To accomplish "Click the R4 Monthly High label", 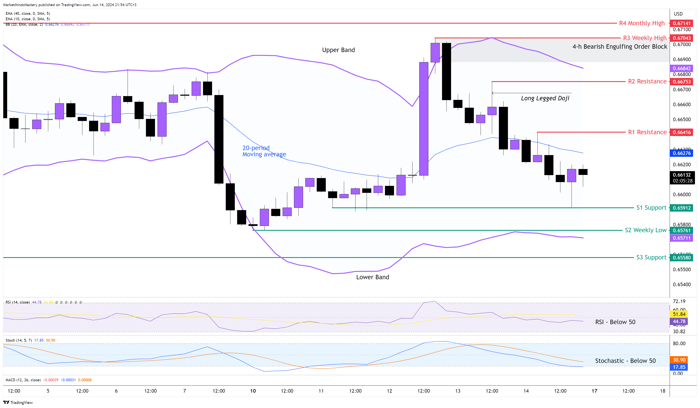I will point(642,23).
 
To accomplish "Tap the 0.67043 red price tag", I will point(681,38).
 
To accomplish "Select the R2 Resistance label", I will point(647,81).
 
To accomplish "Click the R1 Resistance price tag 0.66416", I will point(681,132).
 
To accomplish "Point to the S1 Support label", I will point(651,208).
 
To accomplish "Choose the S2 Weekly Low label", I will point(645,230).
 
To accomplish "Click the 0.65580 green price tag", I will point(681,258).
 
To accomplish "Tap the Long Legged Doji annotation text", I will point(545,98).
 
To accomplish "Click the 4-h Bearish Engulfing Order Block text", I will point(619,47).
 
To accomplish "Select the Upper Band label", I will point(338,50).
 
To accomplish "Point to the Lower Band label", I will point(373,277).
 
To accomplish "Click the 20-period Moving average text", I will point(264,151).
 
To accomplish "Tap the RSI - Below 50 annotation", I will point(615,322).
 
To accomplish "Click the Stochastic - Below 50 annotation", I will point(625,361).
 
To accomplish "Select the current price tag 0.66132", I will point(681,175).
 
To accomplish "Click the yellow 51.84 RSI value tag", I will point(679,314).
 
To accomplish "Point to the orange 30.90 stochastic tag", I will point(679,360).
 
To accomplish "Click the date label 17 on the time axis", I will point(594,391).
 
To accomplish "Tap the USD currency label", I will point(678,14).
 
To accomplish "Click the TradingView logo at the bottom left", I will point(18,403).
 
